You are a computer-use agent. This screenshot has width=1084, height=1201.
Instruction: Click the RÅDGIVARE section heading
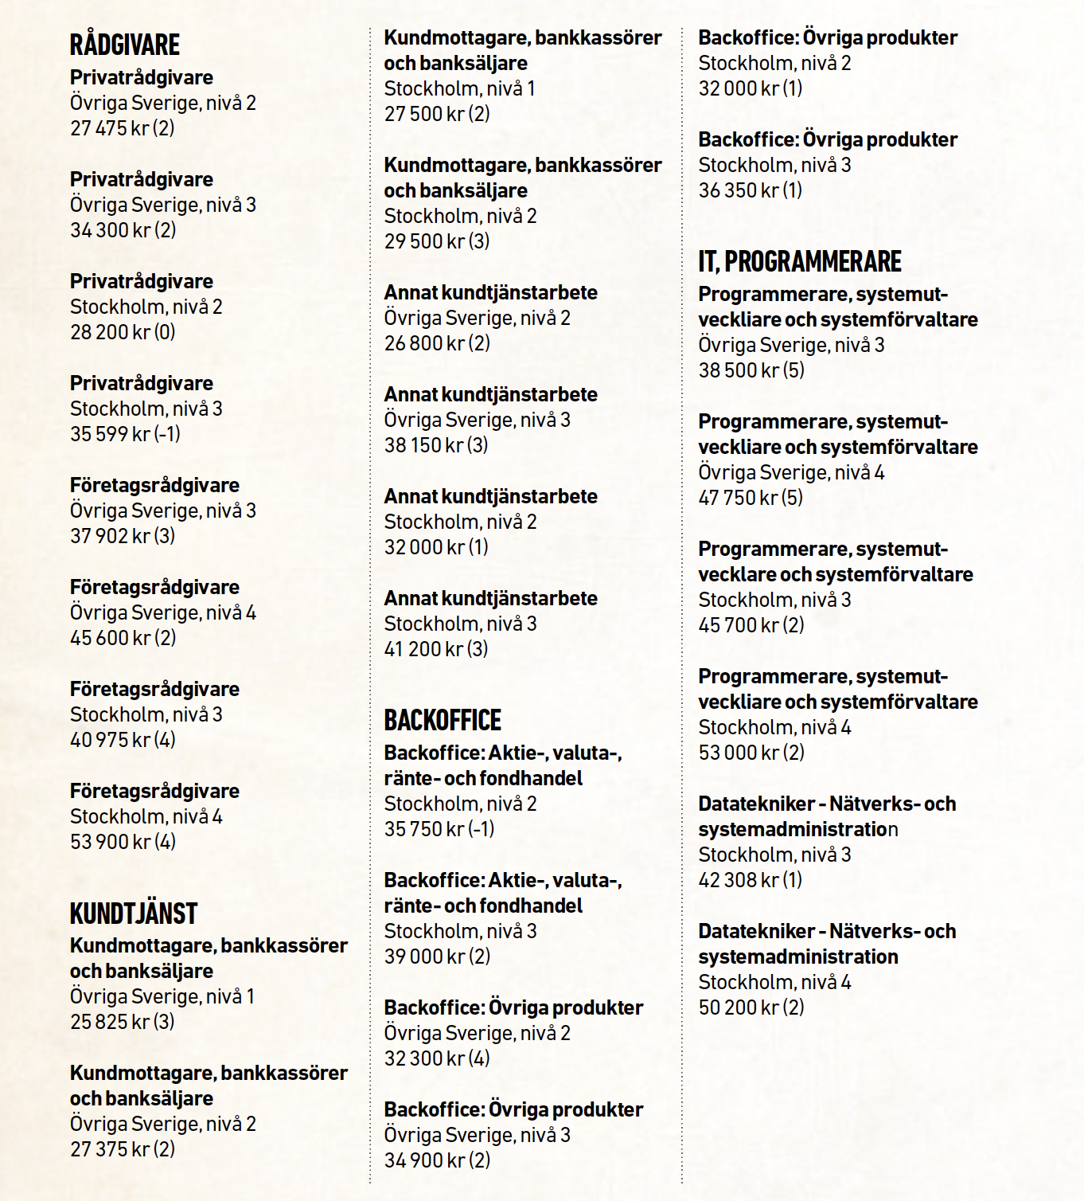pyautogui.click(x=125, y=45)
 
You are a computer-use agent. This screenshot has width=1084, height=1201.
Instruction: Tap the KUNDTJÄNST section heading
pyautogui.click(x=134, y=913)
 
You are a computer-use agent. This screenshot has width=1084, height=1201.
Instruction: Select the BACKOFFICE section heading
pyautogui.click(x=443, y=720)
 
